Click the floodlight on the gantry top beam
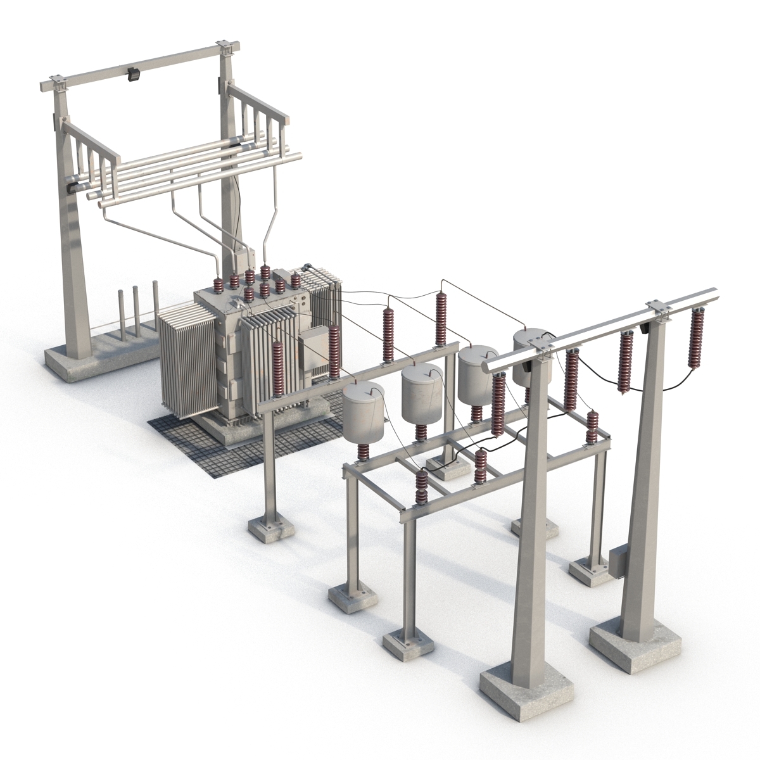pyautogui.click(x=133, y=75)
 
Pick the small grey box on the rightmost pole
pyautogui.click(x=616, y=563)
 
